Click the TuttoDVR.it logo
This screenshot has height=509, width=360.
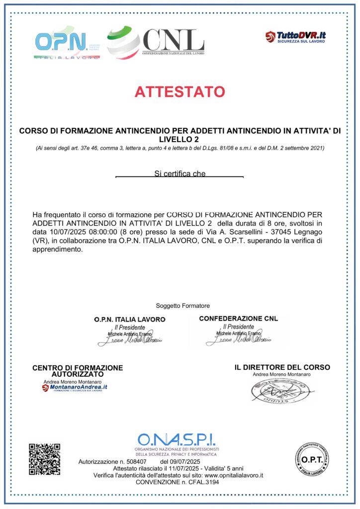pyautogui.click(x=295, y=36)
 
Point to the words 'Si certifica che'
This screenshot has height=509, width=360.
pyautogui.click(x=180, y=174)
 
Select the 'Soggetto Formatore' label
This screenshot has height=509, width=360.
pyautogui.click(x=182, y=305)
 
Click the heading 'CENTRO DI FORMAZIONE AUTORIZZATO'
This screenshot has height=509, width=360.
pyautogui.click(x=78, y=370)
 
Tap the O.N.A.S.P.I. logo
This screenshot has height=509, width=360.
pyautogui.click(x=177, y=442)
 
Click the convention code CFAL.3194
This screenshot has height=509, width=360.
pyautogui.click(x=203, y=482)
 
